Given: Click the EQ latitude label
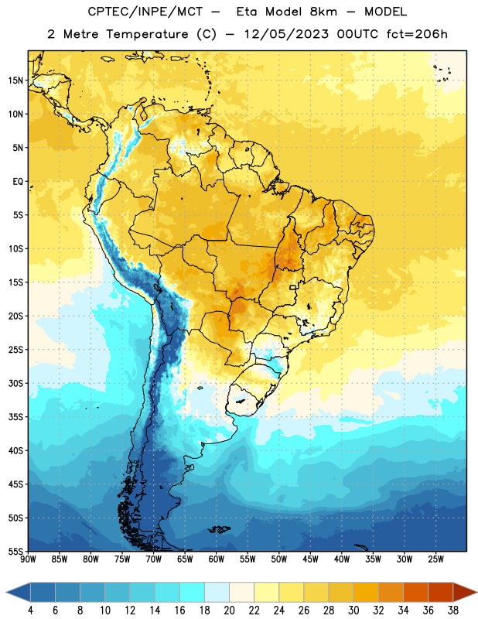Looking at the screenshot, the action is (18, 182).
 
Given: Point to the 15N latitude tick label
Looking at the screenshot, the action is (15, 80).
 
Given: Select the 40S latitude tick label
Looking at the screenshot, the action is (15, 450).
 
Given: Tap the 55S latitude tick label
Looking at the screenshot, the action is (15, 551).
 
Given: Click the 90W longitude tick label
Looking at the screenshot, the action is (28, 559).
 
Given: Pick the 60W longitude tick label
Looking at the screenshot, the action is (217, 559).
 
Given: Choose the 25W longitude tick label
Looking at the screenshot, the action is (435, 559).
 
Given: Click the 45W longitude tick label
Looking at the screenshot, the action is (310, 559).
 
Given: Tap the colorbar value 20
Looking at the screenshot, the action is (229, 610).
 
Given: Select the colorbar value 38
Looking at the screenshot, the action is (453, 610).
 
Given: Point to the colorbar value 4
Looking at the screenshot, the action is (30, 610).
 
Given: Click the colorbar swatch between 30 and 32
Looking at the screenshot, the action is (366, 593).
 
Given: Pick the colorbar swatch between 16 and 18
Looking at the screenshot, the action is (192, 593).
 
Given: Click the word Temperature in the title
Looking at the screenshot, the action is (147, 34).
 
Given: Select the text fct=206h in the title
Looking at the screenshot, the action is (417, 34).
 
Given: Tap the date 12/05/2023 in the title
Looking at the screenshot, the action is (286, 34).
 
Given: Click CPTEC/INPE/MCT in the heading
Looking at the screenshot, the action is (145, 12).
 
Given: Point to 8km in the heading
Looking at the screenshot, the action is (323, 12).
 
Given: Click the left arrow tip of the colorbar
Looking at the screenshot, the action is (7, 593).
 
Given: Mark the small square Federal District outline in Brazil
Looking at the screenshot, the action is (293, 287).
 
